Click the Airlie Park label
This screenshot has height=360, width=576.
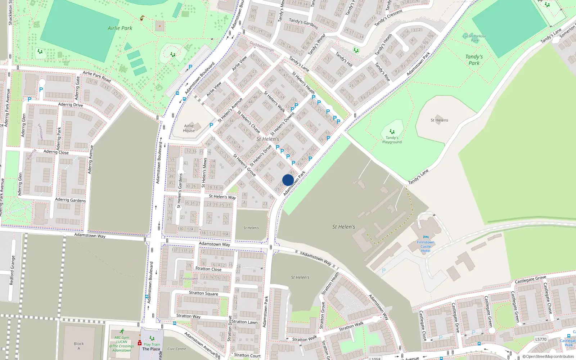click(x=120, y=28)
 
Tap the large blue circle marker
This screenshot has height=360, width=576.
click(x=288, y=180)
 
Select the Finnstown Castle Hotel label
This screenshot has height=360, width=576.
click(x=426, y=247)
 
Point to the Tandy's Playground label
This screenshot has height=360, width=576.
click(x=392, y=140)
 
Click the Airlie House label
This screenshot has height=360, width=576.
click(x=189, y=128)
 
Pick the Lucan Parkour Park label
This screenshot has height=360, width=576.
click(x=474, y=38)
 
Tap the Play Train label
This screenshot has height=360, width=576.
click(x=152, y=344)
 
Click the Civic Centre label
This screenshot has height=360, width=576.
click(x=176, y=349)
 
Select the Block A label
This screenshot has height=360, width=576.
click(x=78, y=346)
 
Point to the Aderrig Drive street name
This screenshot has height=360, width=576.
click(x=70, y=105)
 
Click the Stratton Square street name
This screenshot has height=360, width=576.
click(x=203, y=293)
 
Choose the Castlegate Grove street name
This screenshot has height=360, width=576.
click(x=530, y=279)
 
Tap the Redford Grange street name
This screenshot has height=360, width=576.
click(x=13, y=270)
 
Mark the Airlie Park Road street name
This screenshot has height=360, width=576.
click(x=96, y=76)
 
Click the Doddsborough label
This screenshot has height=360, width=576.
click(x=262, y=46)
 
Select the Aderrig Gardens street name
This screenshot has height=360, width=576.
click(x=70, y=200)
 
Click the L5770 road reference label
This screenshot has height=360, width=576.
click(x=541, y=339)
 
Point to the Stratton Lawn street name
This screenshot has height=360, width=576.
click(x=244, y=322)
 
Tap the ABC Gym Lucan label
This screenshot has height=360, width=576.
click(x=122, y=344)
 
